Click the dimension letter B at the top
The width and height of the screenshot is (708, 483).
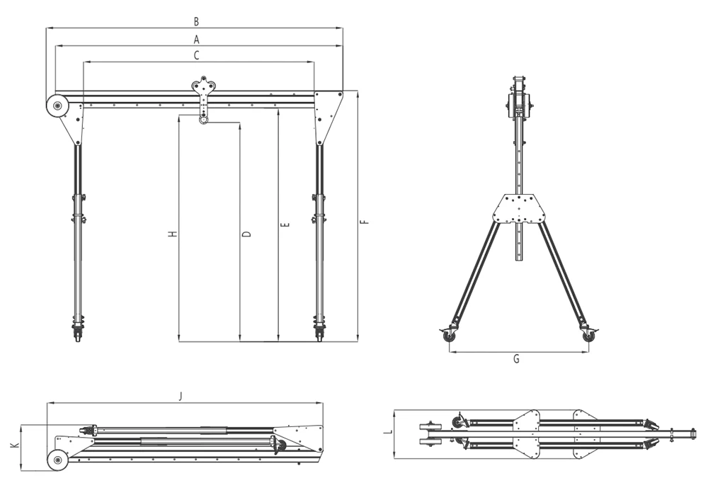click(x=196, y=21)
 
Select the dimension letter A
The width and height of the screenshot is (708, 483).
click(x=196, y=40)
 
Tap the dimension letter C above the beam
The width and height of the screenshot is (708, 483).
click(x=196, y=55)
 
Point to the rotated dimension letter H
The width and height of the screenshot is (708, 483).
click(x=173, y=234)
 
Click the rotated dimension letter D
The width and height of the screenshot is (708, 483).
click(x=246, y=234)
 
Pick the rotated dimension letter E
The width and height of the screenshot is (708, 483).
click(x=285, y=225)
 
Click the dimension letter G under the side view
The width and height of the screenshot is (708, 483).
click(x=516, y=359)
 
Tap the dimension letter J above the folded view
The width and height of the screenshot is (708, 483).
click(x=181, y=397)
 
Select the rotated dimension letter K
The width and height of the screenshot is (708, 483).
click(x=15, y=445)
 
